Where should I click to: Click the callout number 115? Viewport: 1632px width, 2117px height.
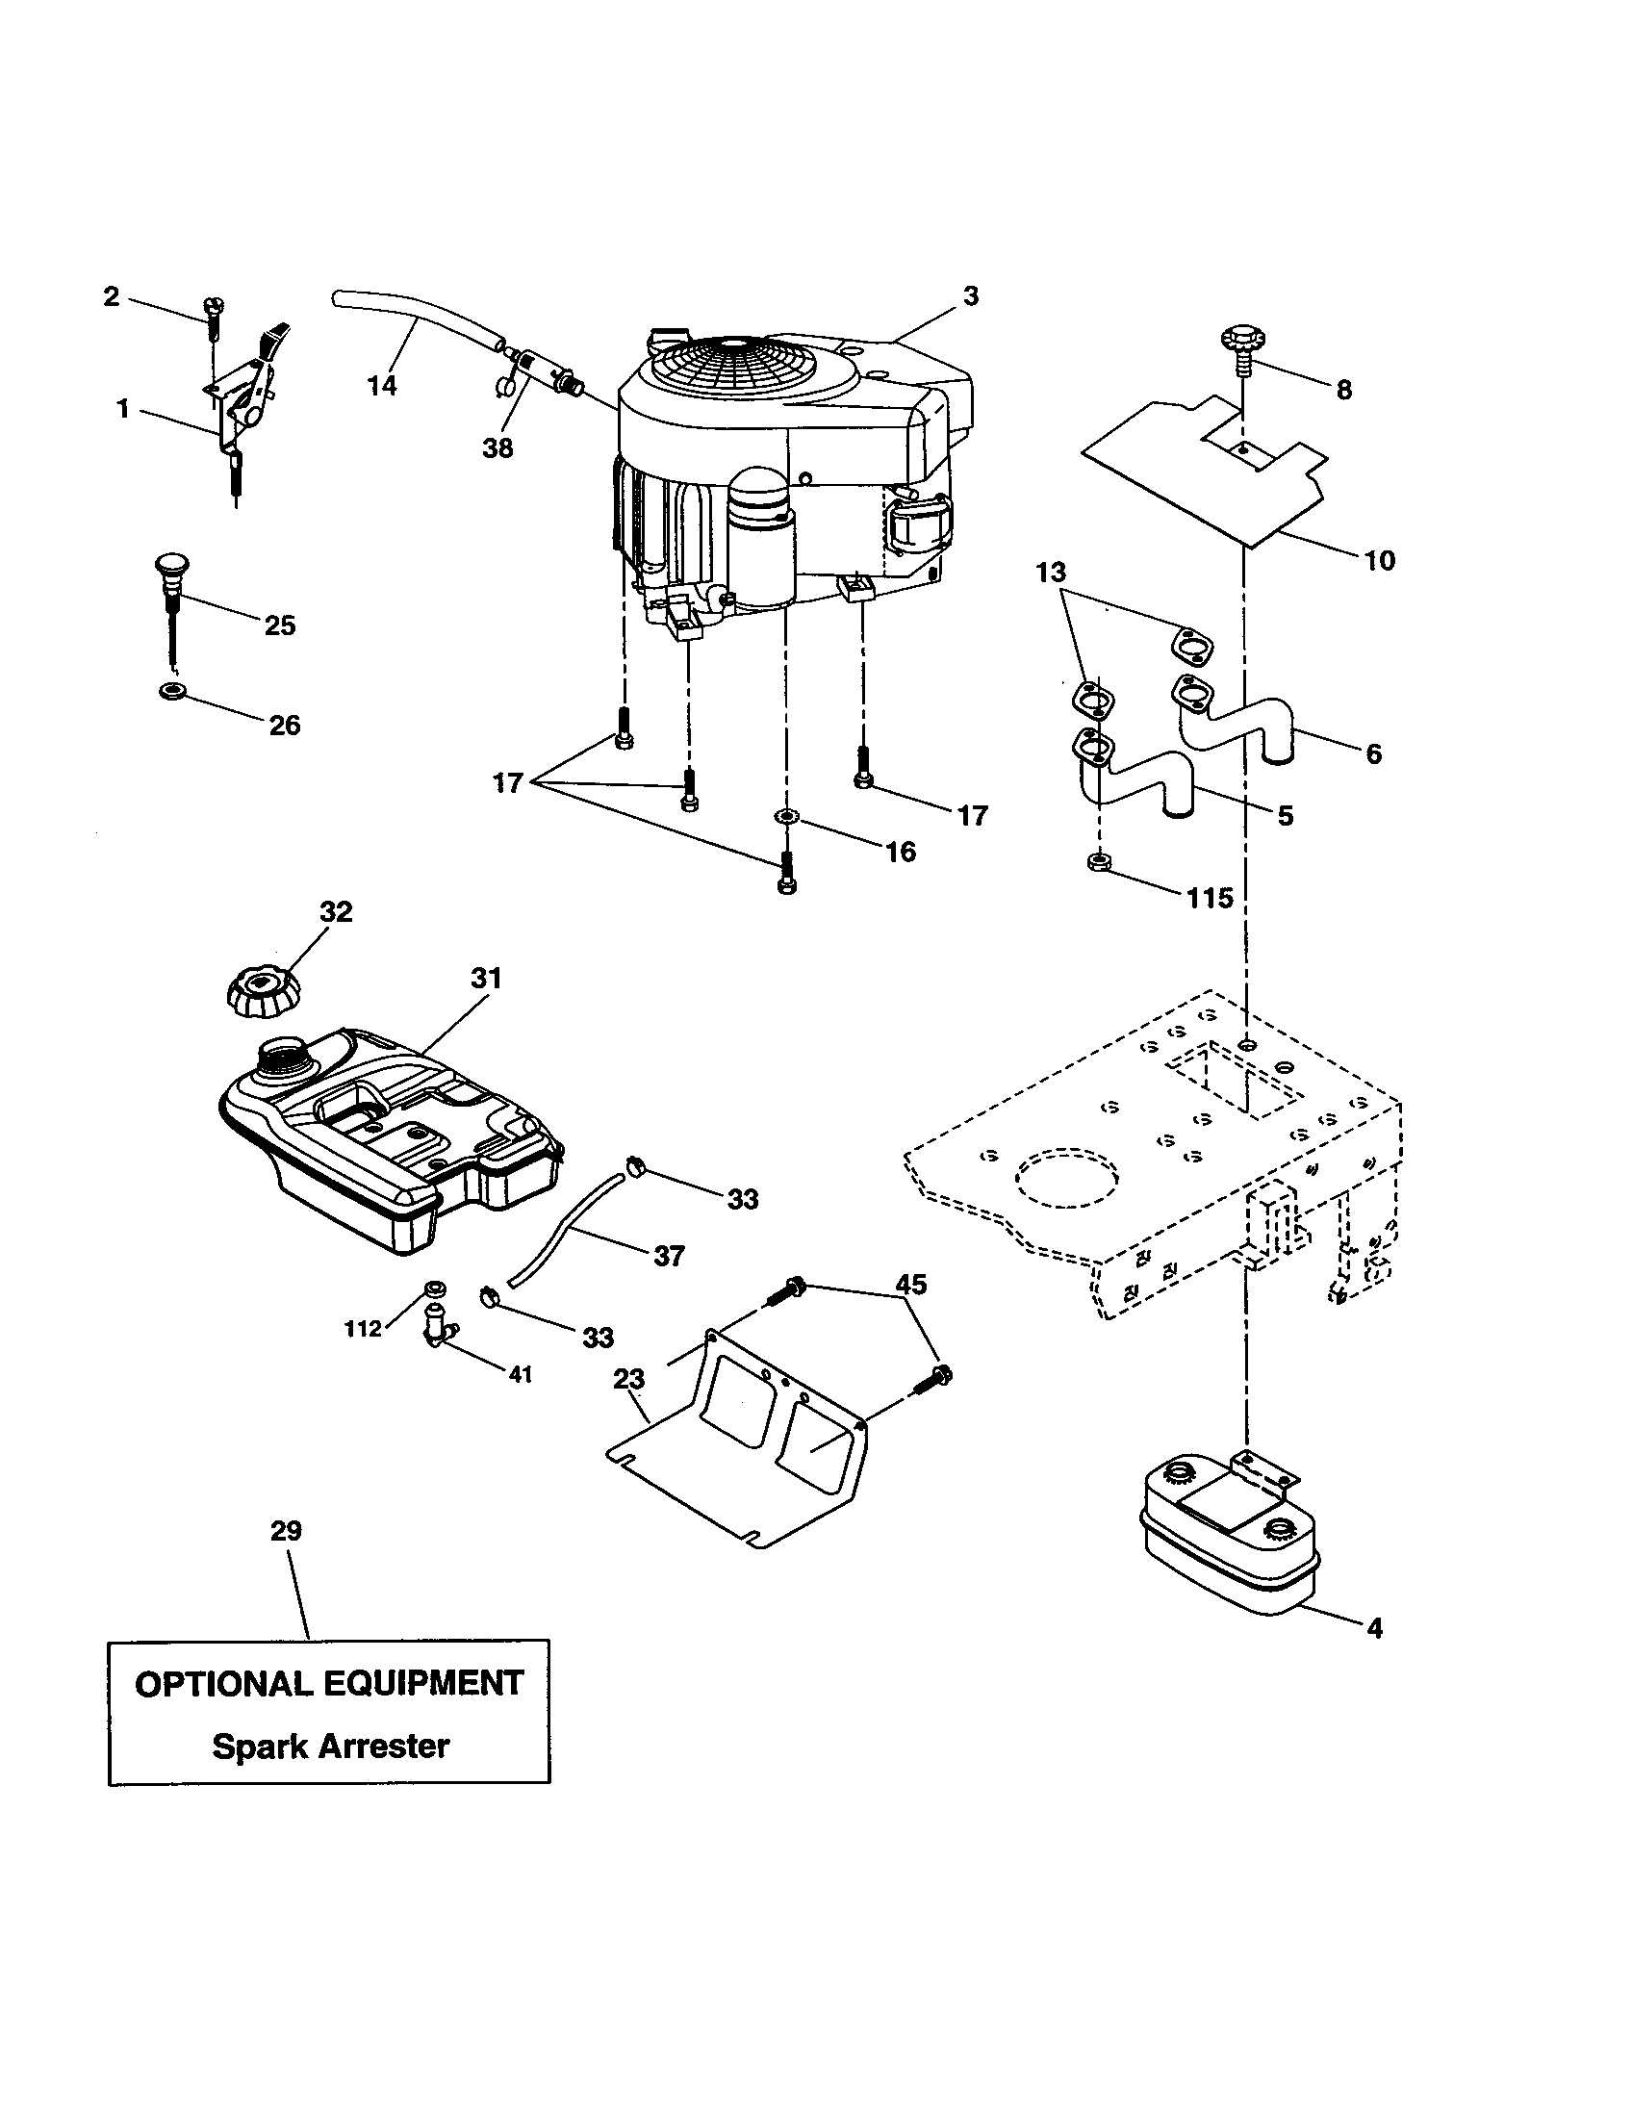pyautogui.click(x=1210, y=898)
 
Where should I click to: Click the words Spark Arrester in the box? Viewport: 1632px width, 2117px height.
pyautogui.click(x=330, y=1746)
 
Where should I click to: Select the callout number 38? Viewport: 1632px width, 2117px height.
pyautogui.click(x=497, y=447)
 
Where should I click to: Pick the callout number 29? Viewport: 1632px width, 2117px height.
pyautogui.click(x=286, y=1531)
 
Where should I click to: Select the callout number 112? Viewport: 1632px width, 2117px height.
pyautogui.click(x=364, y=1329)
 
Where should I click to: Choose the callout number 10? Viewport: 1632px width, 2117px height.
pyautogui.click(x=1379, y=559)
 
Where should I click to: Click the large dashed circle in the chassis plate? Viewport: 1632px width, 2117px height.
pyautogui.click(x=1066, y=1178)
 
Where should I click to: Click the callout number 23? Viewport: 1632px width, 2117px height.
pyautogui.click(x=629, y=1377)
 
